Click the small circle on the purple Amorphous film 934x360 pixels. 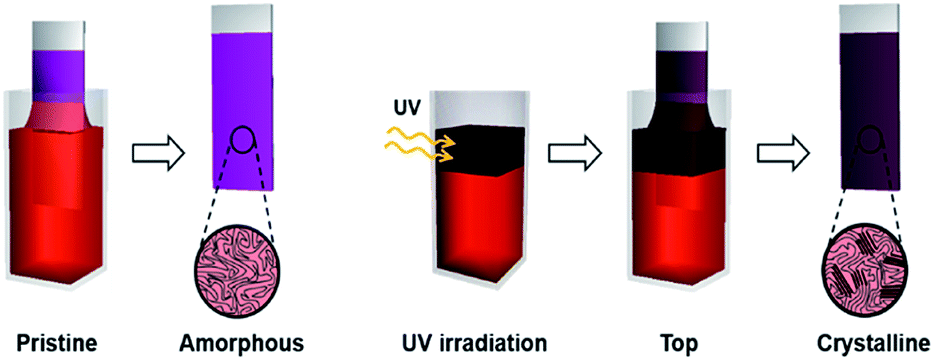240,140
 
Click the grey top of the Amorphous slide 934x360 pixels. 241,18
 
